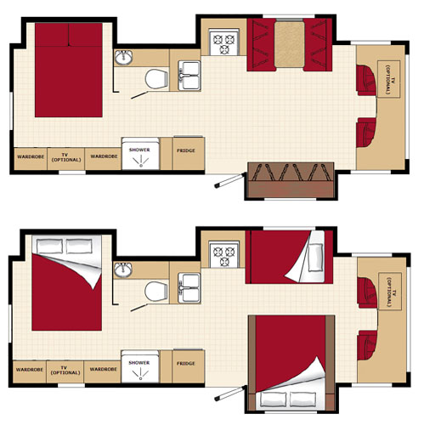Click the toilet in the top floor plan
click(156, 79)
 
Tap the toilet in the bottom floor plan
click(156, 291)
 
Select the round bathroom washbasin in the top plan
click(123, 58)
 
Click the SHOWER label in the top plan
click(139, 150)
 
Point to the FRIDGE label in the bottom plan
click(186, 363)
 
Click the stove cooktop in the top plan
click(224, 42)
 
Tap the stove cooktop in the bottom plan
click(224, 254)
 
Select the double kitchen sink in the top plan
click(189, 76)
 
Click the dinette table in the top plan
click(290, 44)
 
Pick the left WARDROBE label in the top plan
click(31, 156)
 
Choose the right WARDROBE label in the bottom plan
click(103, 369)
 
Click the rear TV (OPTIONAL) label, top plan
click(66, 157)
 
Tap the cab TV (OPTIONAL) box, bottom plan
click(390, 292)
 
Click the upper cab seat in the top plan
click(366, 80)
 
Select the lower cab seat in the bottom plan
click(367, 345)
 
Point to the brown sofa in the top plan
click(291, 180)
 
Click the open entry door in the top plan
click(229, 180)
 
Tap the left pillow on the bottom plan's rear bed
click(49, 246)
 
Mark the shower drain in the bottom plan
click(140, 378)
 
